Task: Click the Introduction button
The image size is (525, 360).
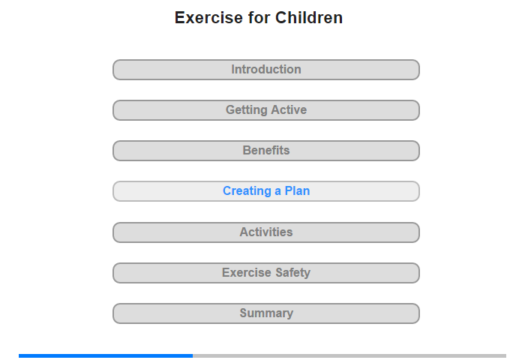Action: point(265,70)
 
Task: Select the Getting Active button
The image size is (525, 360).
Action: point(265,110)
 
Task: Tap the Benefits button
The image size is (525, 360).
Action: point(265,151)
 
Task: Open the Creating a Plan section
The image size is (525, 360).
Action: point(265,191)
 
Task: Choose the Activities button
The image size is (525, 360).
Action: point(265,232)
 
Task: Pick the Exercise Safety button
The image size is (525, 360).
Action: point(265,273)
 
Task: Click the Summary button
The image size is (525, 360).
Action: point(265,313)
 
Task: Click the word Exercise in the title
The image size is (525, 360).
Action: point(208,18)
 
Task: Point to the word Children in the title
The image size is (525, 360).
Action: point(309,18)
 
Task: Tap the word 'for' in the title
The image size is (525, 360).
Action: point(259,18)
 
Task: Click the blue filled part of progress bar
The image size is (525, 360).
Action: point(106,355)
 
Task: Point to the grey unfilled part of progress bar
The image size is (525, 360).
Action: point(349,355)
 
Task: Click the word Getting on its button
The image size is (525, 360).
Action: point(246,110)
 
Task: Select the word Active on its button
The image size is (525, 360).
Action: point(289,109)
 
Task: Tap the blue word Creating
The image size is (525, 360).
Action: point(247,191)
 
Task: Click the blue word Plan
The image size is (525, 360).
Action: point(297,191)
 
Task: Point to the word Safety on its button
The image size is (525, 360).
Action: point(292,273)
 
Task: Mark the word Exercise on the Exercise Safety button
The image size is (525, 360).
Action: point(247,272)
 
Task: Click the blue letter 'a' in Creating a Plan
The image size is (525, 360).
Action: point(278,191)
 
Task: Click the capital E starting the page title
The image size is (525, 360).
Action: point(180,18)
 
